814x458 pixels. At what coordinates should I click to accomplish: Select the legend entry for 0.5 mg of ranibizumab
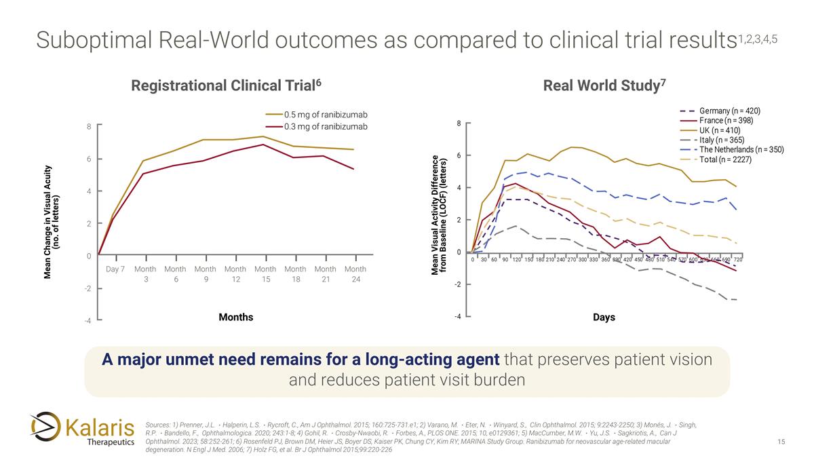click(x=326, y=114)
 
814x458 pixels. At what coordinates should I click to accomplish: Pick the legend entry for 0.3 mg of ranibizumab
click(x=326, y=127)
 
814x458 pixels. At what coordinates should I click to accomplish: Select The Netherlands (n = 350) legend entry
click(x=741, y=150)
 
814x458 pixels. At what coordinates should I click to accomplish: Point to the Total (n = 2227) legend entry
click(x=725, y=159)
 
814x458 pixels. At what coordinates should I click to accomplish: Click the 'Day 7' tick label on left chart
click(x=115, y=269)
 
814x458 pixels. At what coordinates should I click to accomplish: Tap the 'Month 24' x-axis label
click(x=355, y=275)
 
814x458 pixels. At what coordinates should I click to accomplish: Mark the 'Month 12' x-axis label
click(x=235, y=275)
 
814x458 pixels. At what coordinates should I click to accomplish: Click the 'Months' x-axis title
click(x=235, y=317)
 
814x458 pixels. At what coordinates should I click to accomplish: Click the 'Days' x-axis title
click(x=604, y=317)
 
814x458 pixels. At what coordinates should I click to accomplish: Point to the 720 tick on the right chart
click(x=737, y=260)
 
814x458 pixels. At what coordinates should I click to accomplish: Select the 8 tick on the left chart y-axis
click(x=89, y=126)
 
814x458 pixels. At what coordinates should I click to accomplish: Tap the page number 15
click(x=781, y=442)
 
